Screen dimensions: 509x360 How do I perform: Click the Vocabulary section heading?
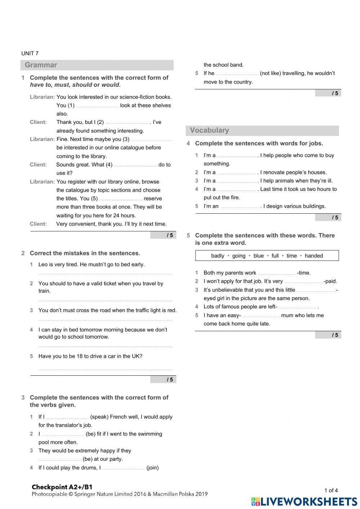coord(210,130)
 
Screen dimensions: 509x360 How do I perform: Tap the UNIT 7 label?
coord(30,53)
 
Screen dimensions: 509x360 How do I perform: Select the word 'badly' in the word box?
coord(218,256)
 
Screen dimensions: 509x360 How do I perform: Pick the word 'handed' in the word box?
coord(314,256)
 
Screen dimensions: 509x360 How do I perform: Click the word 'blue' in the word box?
coord(258,256)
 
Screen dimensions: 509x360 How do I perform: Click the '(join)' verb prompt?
coord(153,468)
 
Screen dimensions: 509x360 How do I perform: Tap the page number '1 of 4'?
coord(331,490)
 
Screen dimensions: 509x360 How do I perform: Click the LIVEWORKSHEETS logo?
coord(304,501)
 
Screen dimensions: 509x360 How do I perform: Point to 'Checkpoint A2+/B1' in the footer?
coord(62,487)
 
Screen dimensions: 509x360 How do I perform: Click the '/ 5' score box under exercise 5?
coord(328,335)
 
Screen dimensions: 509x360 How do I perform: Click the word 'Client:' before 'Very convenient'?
coord(38,224)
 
